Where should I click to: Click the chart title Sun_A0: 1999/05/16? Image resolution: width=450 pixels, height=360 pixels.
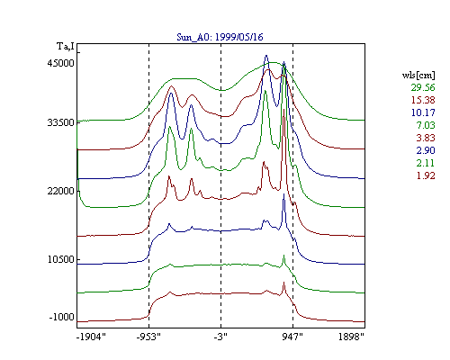click(220, 37)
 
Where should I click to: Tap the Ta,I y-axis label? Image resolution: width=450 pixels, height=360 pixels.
click(66, 47)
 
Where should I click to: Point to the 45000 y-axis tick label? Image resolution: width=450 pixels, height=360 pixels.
click(60, 63)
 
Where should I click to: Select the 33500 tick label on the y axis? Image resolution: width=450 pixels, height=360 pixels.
click(60, 122)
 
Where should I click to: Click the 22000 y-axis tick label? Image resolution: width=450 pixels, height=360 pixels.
click(60, 191)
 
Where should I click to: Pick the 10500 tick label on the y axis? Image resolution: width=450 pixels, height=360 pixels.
click(60, 259)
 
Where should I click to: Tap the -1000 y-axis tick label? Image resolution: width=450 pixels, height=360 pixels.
click(61, 317)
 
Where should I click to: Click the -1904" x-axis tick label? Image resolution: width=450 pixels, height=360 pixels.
click(91, 337)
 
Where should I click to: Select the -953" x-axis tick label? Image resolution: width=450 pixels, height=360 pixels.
click(148, 337)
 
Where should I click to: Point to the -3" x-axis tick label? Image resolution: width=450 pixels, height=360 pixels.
click(220, 337)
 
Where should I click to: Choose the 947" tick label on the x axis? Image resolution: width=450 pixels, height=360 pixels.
click(292, 337)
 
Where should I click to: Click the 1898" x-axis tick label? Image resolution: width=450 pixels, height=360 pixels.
click(351, 337)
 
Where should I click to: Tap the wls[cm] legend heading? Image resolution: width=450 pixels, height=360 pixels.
click(418, 75)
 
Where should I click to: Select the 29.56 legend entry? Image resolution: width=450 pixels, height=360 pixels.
click(423, 87)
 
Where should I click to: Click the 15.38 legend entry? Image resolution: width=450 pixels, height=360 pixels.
click(423, 100)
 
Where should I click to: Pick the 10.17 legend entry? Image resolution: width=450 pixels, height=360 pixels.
click(423, 112)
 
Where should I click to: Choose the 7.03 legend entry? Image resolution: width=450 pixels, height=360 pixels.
click(426, 125)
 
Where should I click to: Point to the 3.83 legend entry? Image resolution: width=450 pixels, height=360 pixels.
click(426, 138)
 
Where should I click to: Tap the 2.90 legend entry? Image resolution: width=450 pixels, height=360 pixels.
click(426, 150)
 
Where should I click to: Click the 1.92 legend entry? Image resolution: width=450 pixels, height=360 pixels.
click(426, 175)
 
